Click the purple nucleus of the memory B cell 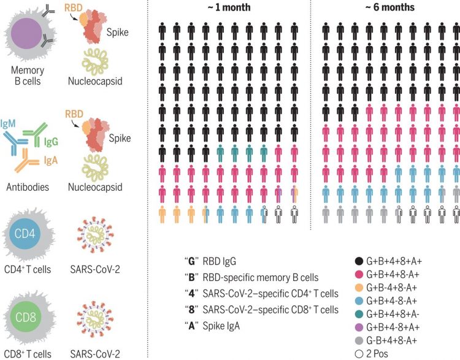pos(28,32)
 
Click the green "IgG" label pos(52,143)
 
